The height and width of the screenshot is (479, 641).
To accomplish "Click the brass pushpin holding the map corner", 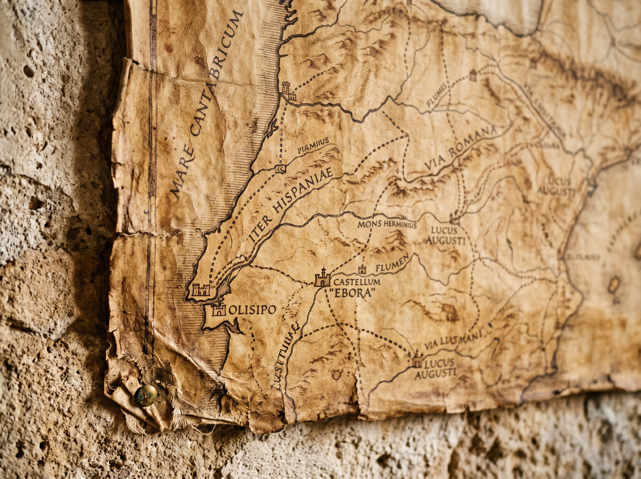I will (x=146, y=396).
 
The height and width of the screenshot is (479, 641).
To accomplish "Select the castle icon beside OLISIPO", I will (x=219, y=310).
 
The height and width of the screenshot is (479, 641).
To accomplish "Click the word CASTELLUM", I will (x=357, y=281).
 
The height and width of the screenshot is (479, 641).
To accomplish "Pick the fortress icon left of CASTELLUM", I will (x=322, y=278).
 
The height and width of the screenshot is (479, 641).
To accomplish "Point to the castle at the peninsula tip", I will (x=201, y=289).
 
